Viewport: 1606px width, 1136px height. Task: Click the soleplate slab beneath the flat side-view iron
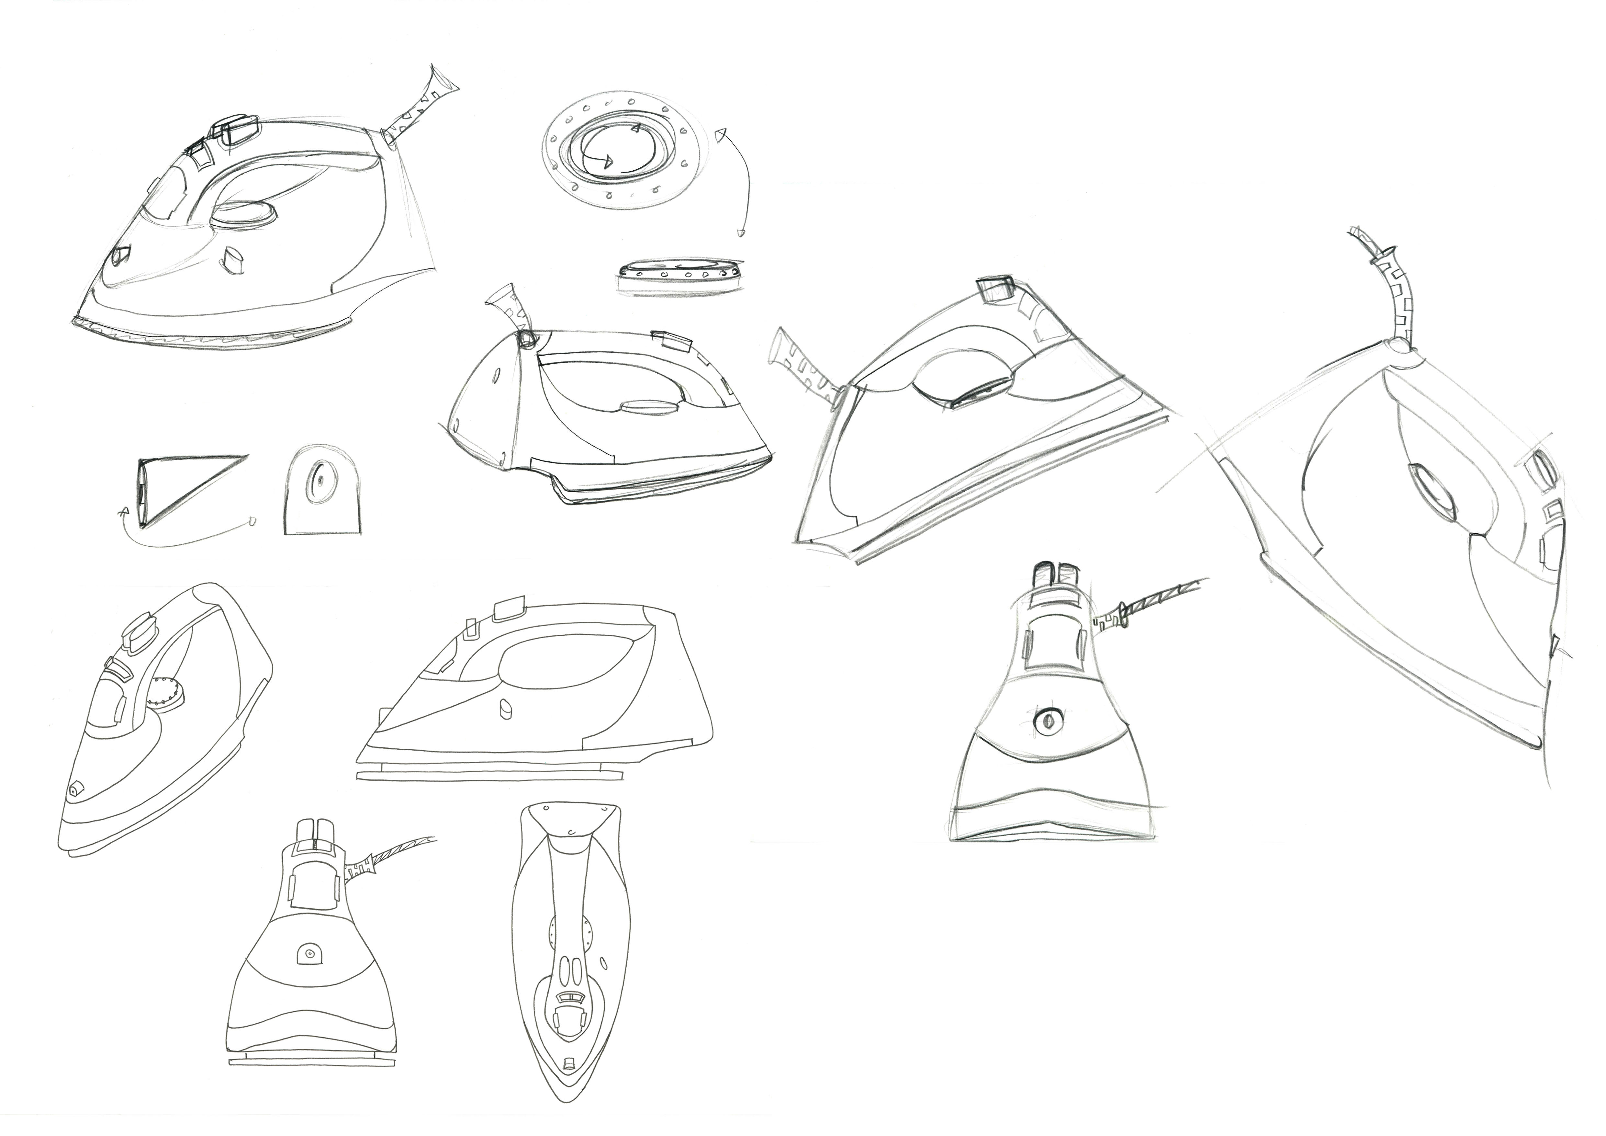[489, 774]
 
